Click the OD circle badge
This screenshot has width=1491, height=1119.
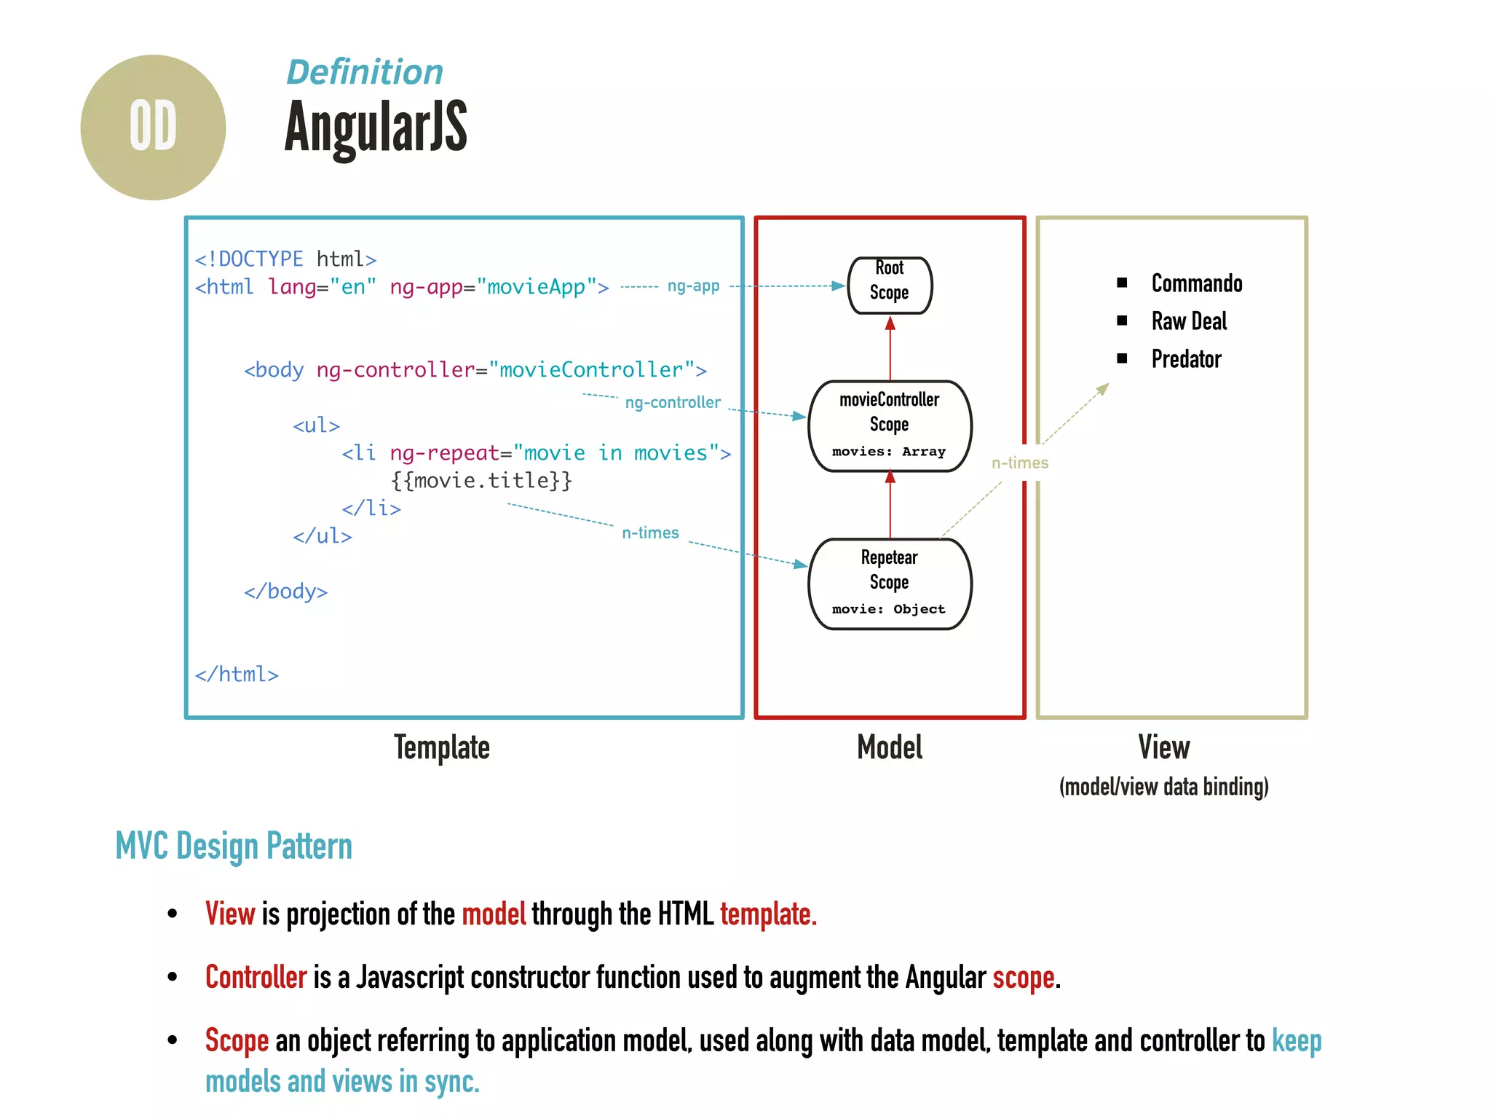153,127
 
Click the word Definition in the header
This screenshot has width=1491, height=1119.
365,72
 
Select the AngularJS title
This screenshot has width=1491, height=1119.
376,127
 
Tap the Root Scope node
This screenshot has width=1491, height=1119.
890,285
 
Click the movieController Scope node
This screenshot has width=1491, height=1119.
890,426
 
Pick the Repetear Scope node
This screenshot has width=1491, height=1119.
890,584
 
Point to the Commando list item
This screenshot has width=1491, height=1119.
1196,283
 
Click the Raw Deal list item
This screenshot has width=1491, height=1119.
1188,321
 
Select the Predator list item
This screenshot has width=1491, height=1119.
1186,358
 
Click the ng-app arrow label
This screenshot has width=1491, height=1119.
693,286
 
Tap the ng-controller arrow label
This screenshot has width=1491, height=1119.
673,402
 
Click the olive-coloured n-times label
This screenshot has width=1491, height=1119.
1019,463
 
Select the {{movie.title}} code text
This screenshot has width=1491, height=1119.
481,480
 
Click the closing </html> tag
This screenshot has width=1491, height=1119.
237,674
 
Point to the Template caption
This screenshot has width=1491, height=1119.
442,747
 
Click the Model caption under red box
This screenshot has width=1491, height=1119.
890,747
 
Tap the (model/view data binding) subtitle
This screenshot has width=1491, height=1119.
1163,787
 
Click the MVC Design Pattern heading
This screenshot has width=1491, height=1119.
234,847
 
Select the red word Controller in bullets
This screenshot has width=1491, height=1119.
256,977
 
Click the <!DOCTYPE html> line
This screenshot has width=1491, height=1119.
285,259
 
